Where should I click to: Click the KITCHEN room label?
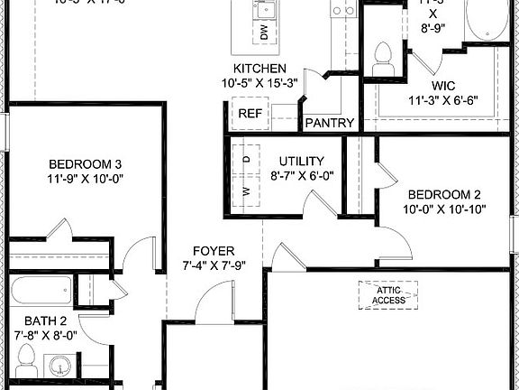pyautogui.click(x=259, y=69)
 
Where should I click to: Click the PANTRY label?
pyautogui.click(x=330, y=123)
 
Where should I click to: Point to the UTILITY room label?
pyautogui.click(x=301, y=160)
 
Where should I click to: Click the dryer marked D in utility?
pyautogui.click(x=246, y=159)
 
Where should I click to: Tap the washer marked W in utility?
pyautogui.click(x=246, y=192)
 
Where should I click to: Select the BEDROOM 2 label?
pyautogui.click(x=444, y=194)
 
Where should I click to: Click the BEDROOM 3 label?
pyautogui.click(x=86, y=163)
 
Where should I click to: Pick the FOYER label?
pyautogui.click(x=214, y=250)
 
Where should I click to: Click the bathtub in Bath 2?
pyautogui.click(x=41, y=291)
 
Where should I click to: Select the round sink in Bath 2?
pyautogui.click(x=59, y=367)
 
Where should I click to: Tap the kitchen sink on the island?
pyautogui.click(x=264, y=10)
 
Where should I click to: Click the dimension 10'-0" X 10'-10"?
pyautogui.click(x=444, y=209)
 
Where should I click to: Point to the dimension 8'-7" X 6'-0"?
pyautogui.click(x=301, y=176)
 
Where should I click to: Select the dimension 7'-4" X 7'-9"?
pyautogui.click(x=214, y=265)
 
